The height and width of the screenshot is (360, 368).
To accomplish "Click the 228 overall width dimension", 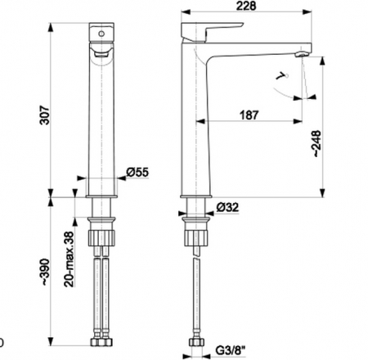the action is [x=246, y=6].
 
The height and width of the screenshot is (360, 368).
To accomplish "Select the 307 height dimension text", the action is [x=45, y=115].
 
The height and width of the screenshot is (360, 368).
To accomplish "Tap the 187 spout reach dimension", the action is [x=249, y=115].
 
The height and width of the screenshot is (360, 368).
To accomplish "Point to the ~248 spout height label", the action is [x=317, y=144].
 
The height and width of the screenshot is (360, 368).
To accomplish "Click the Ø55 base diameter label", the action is [x=137, y=173].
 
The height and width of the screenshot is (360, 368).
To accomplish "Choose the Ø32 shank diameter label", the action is [x=227, y=208].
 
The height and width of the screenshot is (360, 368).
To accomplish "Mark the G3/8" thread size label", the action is [x=231, y=350].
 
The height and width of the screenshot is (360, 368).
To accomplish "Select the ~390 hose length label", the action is [x=45, y=272].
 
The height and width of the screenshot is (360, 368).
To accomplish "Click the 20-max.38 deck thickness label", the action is [x=69, y=259].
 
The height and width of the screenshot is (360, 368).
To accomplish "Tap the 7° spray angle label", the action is [x=282, y=76].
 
